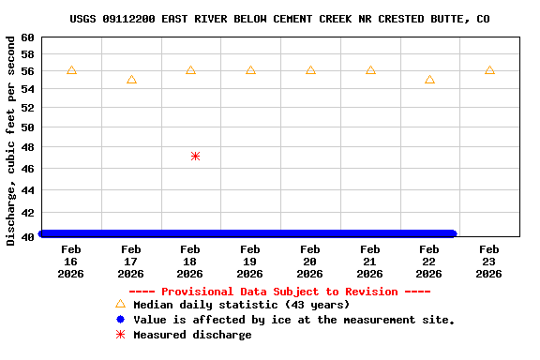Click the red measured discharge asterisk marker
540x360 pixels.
tap(195, 156)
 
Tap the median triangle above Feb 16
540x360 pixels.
tap(71, 70)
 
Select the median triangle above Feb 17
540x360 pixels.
tap(131, 80)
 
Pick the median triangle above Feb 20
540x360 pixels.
tap(310, 70)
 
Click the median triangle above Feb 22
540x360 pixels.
tap(429, 80)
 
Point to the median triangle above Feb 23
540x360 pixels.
tap(489, 70)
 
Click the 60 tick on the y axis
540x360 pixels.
tap(26, 37)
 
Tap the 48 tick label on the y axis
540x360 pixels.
tap(26, 147)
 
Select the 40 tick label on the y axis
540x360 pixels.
tap(26, 236)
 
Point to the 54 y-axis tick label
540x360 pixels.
tap(26, 88)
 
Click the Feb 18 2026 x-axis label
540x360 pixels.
tap(190, 262)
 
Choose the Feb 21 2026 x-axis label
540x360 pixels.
tap(369, 262)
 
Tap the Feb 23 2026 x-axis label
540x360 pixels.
tap(489, 262)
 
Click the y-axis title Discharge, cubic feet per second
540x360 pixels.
tap(10, 141)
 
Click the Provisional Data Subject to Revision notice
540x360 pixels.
tap(279, 292)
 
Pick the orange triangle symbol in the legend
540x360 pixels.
tap(120, 304)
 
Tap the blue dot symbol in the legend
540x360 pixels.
tap(120, 320)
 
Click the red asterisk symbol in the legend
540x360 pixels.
tap(120, 335)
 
